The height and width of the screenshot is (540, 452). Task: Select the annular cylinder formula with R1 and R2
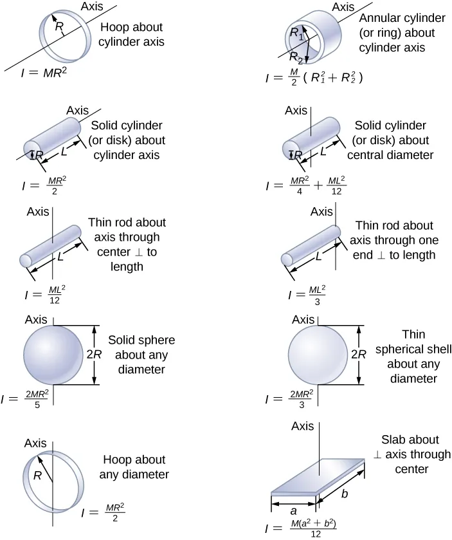coord(315,79)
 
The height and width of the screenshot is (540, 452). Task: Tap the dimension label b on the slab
coord(345,494)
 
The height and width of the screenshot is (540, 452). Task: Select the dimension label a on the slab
coord(293,508)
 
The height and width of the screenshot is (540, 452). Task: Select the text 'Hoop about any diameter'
coord(134,467)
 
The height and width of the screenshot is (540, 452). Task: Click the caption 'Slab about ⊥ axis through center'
coord(401,454)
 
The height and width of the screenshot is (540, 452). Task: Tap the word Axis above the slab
coord(302,426)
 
